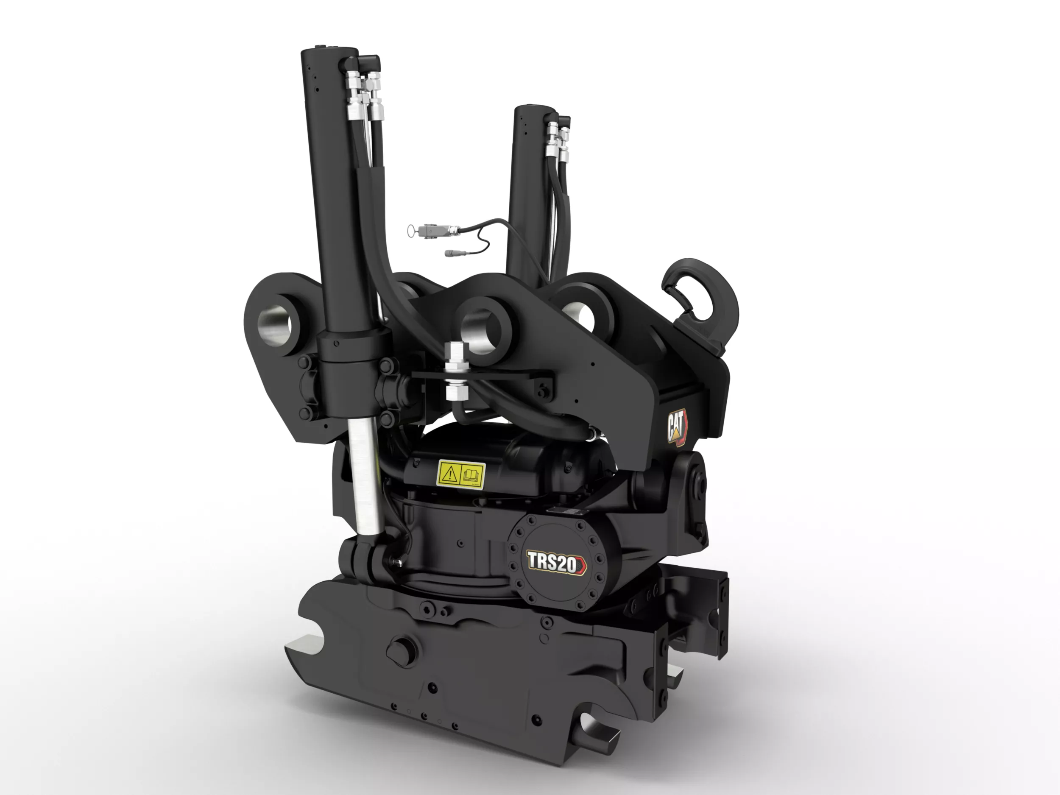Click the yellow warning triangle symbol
click(x=450, y=475)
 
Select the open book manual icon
click(x=471, y=475)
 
